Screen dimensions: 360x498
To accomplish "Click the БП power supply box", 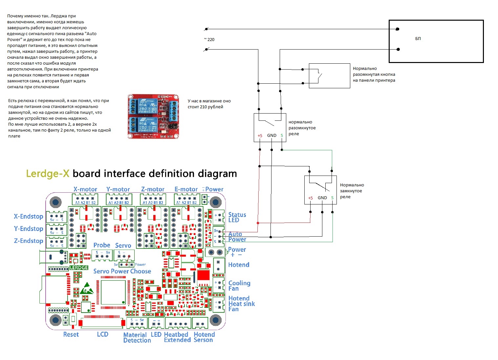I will tap(436, 41).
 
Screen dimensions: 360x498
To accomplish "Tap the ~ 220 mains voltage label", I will tap(209, 39).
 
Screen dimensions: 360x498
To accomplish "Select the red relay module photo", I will tap(153, 116).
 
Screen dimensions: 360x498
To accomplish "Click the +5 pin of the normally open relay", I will tap(260, 136).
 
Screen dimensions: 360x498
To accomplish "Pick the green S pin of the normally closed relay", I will tap(332, 198).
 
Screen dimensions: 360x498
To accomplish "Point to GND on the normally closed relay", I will tap(322, 198).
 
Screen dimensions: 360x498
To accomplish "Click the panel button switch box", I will tap(329, 76).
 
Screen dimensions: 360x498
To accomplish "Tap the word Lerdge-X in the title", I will tap(48, 174).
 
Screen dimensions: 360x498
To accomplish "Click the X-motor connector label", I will tap(85, 189).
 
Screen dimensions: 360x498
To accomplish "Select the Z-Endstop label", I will tap(29, 241).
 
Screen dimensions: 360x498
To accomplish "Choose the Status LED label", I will tap(237, 217).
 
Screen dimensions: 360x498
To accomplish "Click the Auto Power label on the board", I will tap(237, 237).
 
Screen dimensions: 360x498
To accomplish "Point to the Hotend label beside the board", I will tap(239, 265).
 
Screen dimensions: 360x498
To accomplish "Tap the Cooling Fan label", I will tap(239, 286).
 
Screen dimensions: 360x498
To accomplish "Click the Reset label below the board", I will tap(71, 334).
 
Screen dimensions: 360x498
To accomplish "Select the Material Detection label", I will tap(137, 337).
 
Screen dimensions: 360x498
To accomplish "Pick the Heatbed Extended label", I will tap(177, 337).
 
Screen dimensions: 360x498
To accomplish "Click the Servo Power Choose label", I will tap(122, 271).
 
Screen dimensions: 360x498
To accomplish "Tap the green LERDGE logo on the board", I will tap(79, 268).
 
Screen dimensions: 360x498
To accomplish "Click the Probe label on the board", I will tap(102, 245).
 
